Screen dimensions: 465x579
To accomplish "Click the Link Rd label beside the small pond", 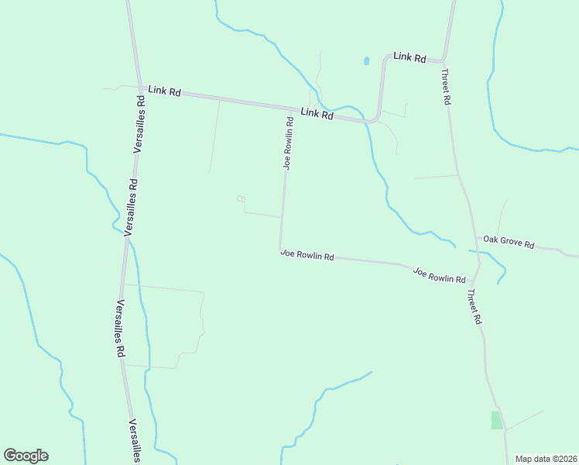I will [x=409, y=57].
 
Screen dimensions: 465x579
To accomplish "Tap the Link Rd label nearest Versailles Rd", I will [x=165, y=91].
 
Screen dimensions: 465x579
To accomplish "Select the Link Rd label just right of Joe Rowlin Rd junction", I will [x=317, y=113].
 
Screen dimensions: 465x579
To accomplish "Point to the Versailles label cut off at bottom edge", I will [x=134, y=439].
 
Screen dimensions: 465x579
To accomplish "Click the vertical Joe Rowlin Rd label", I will [x=287, y=143].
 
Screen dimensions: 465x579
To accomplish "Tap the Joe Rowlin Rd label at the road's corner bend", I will [x=307, y=254].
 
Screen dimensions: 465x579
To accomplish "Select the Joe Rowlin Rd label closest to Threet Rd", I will [x=439, y=275].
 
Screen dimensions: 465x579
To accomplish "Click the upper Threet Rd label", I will [x=446, y=87].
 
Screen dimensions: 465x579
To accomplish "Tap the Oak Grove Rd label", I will [x=509, y=242].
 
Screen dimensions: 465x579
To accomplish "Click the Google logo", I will [x=26, y=456].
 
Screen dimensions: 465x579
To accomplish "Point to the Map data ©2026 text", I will [x=546, y=459].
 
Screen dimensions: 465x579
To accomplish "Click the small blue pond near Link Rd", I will [x=366, y=60].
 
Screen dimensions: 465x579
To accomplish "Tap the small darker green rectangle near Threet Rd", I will [x=496, y=420].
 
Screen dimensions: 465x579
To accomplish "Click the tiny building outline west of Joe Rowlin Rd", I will [x=241, y=199].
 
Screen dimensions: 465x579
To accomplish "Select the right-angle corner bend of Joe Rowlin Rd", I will [x=280, y=249].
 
